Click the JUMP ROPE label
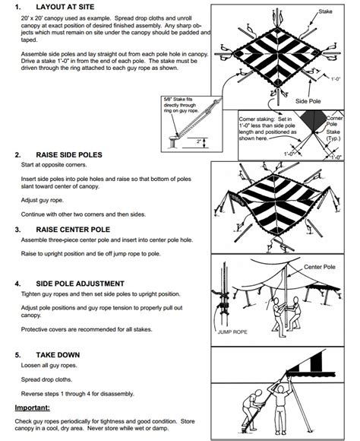point(232,332)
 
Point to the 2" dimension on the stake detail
point(197,141)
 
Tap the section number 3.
point(18,229)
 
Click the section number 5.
point(18,355)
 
